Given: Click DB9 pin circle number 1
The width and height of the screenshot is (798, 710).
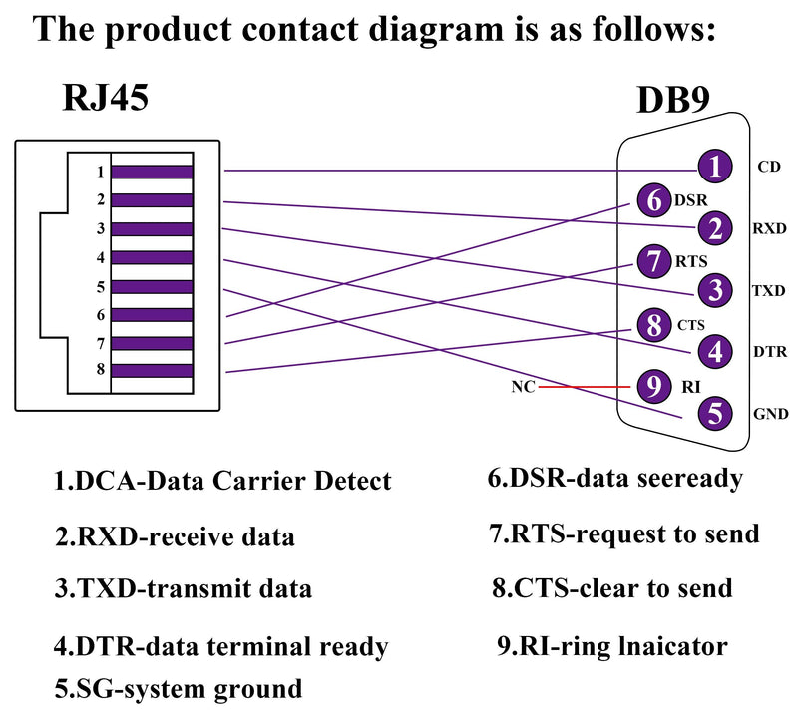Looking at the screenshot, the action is point(715,166).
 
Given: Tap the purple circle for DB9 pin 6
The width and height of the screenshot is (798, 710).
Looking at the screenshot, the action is point(654,199).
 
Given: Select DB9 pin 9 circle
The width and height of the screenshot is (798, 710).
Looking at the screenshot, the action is point(654,386).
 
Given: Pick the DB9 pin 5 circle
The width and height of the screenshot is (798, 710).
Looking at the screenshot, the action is point(715,413).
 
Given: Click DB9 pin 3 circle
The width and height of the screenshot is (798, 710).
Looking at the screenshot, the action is point(715,290).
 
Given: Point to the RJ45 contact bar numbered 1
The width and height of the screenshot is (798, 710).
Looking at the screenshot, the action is point(152,172).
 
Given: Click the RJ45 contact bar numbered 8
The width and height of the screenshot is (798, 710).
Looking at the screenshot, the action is point(152,370).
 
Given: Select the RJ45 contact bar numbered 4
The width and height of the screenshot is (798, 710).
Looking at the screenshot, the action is point(152,257).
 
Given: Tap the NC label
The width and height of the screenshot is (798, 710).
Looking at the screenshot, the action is point(523,387).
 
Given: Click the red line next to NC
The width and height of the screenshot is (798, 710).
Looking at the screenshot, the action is point(585,387).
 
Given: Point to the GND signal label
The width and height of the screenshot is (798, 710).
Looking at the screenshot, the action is point(770,414).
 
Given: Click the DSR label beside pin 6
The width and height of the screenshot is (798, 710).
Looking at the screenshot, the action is point(690,200).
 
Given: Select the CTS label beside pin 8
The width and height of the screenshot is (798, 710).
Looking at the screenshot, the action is point(690,325).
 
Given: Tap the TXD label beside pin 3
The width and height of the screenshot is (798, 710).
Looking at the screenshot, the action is point(769,290).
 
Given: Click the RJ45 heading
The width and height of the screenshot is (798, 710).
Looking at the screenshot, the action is point(106,97).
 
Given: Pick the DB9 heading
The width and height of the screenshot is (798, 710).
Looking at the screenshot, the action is point(672,100).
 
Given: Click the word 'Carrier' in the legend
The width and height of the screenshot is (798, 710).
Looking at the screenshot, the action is point(258,480).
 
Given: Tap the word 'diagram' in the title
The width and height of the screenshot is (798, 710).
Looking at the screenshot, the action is point(436,31).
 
